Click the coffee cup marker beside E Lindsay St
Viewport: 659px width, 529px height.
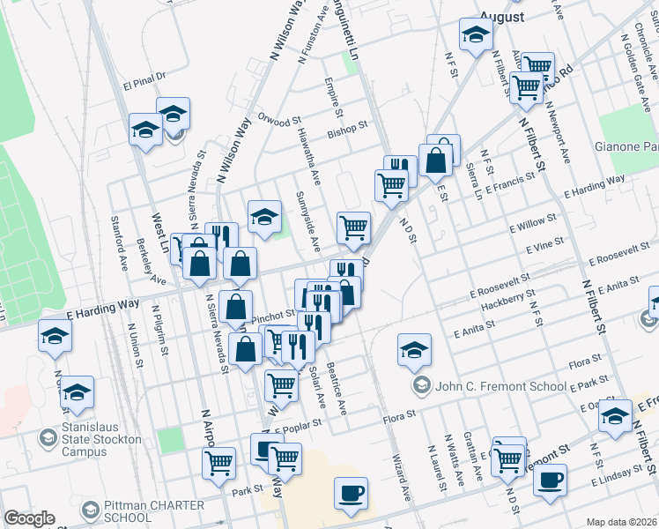pos(550,481)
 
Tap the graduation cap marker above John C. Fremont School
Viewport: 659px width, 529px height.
pos(414,349)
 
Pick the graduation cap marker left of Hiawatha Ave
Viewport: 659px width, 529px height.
pos(263,217)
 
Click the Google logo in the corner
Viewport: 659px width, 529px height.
pos(29,518)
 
